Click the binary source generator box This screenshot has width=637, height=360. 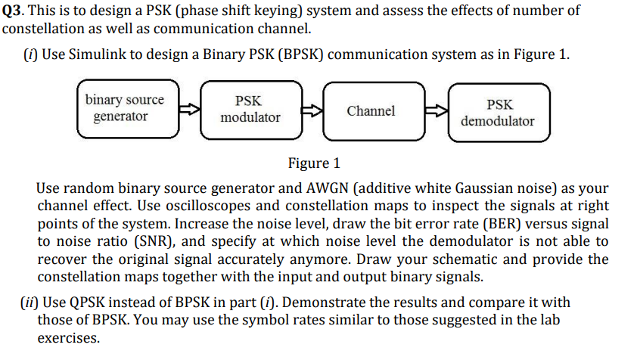pyautogui.click(x=124, y=110)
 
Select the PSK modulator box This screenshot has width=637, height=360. pyautogui.click(x=250, y=110)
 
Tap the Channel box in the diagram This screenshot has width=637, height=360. pyautogui.click(x=371, y=111)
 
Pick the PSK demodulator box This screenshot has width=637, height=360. pyautogui.click(x=497, y=112)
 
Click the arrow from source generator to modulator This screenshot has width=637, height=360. pyautogui.click(x=187, y=110)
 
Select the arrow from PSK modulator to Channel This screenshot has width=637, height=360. pyautogui.click(x=311, y=110)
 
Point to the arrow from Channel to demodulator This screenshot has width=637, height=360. pyautogui.click(x=435, y=111)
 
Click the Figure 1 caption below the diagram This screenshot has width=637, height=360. pyautogui.click(x=314, y=163)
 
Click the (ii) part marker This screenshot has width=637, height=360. pyautogui.click(x=30, y=303)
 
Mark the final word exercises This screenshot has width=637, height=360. pyautogui.click(x=67, y=338)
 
